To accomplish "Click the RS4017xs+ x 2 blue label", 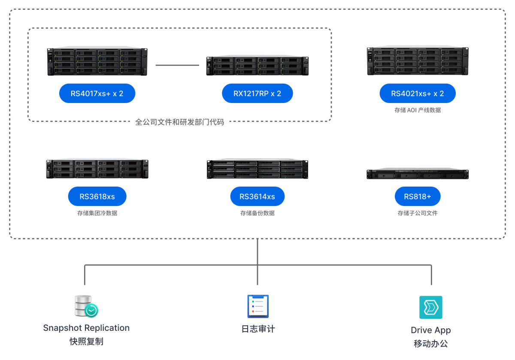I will pos(97,94).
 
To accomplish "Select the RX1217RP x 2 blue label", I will pos(257,94).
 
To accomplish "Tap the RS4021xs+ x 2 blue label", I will pos(417,94).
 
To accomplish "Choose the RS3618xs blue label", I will pos(97,197).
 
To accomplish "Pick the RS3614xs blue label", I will pos(257,197).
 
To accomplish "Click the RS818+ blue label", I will pos(417,197).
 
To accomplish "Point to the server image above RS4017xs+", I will pos(97,62).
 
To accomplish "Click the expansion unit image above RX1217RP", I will pos(257,66).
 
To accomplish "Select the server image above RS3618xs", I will pos(97,169).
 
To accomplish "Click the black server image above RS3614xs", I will pos(257,169).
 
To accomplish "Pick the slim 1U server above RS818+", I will pos(417,174).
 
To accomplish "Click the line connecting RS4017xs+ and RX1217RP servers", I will pos(177,65).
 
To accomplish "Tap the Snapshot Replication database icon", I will pos(86,306).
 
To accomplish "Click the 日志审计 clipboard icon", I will pos(257,306).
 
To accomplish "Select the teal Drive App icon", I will pos(430,307).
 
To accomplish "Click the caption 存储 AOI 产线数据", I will pos(417,110).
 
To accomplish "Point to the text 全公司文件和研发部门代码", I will pos(179,122).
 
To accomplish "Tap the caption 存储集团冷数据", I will pos(97,213).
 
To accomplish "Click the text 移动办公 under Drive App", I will pos(430,344).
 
